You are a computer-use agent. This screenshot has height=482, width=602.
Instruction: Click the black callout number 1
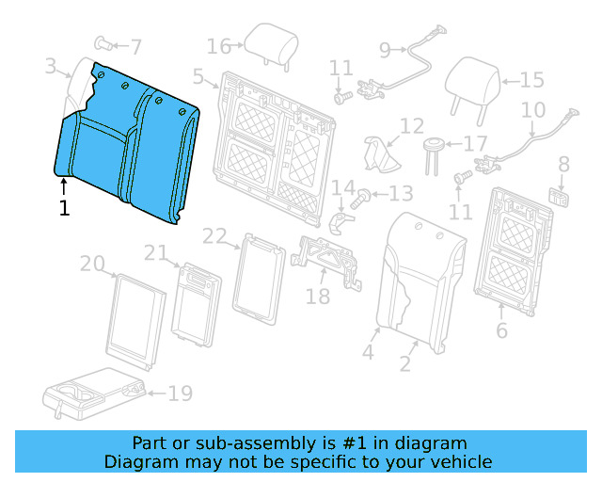point(65,208)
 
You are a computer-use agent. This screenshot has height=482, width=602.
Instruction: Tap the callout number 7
point(135,47)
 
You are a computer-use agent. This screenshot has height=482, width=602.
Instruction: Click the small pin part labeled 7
point(103,43)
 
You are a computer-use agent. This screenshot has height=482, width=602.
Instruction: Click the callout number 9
point(385,50)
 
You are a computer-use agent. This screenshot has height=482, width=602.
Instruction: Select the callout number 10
point(533,110)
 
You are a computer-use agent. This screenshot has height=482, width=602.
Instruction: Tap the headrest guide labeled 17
point(434,156)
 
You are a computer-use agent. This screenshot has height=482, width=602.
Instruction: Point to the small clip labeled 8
point(559,197)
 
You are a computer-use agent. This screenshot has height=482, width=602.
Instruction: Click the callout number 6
point(501,330)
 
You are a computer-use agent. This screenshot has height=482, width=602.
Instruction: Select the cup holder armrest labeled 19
point(94,394)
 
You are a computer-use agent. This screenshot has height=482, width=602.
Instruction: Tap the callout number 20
point(92,264)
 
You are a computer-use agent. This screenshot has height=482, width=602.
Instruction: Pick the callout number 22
point(214,236)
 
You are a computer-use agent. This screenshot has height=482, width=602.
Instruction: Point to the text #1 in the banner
point(354,443)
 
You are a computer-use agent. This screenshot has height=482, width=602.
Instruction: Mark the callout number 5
point(198,76)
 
